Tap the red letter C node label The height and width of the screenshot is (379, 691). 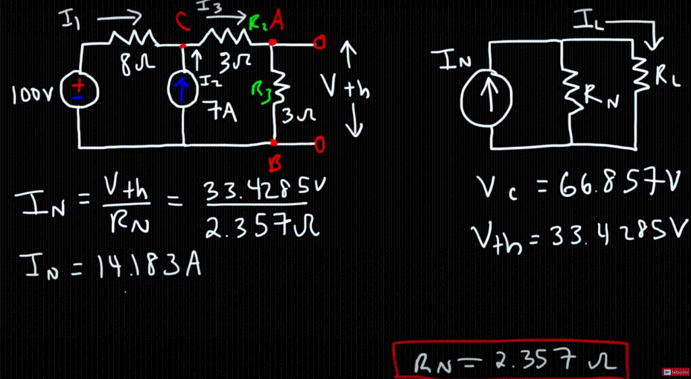(x=182, y=22)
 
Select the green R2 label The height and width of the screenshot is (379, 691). (x=257, y=25)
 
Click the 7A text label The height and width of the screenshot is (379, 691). (x=223, y=111)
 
